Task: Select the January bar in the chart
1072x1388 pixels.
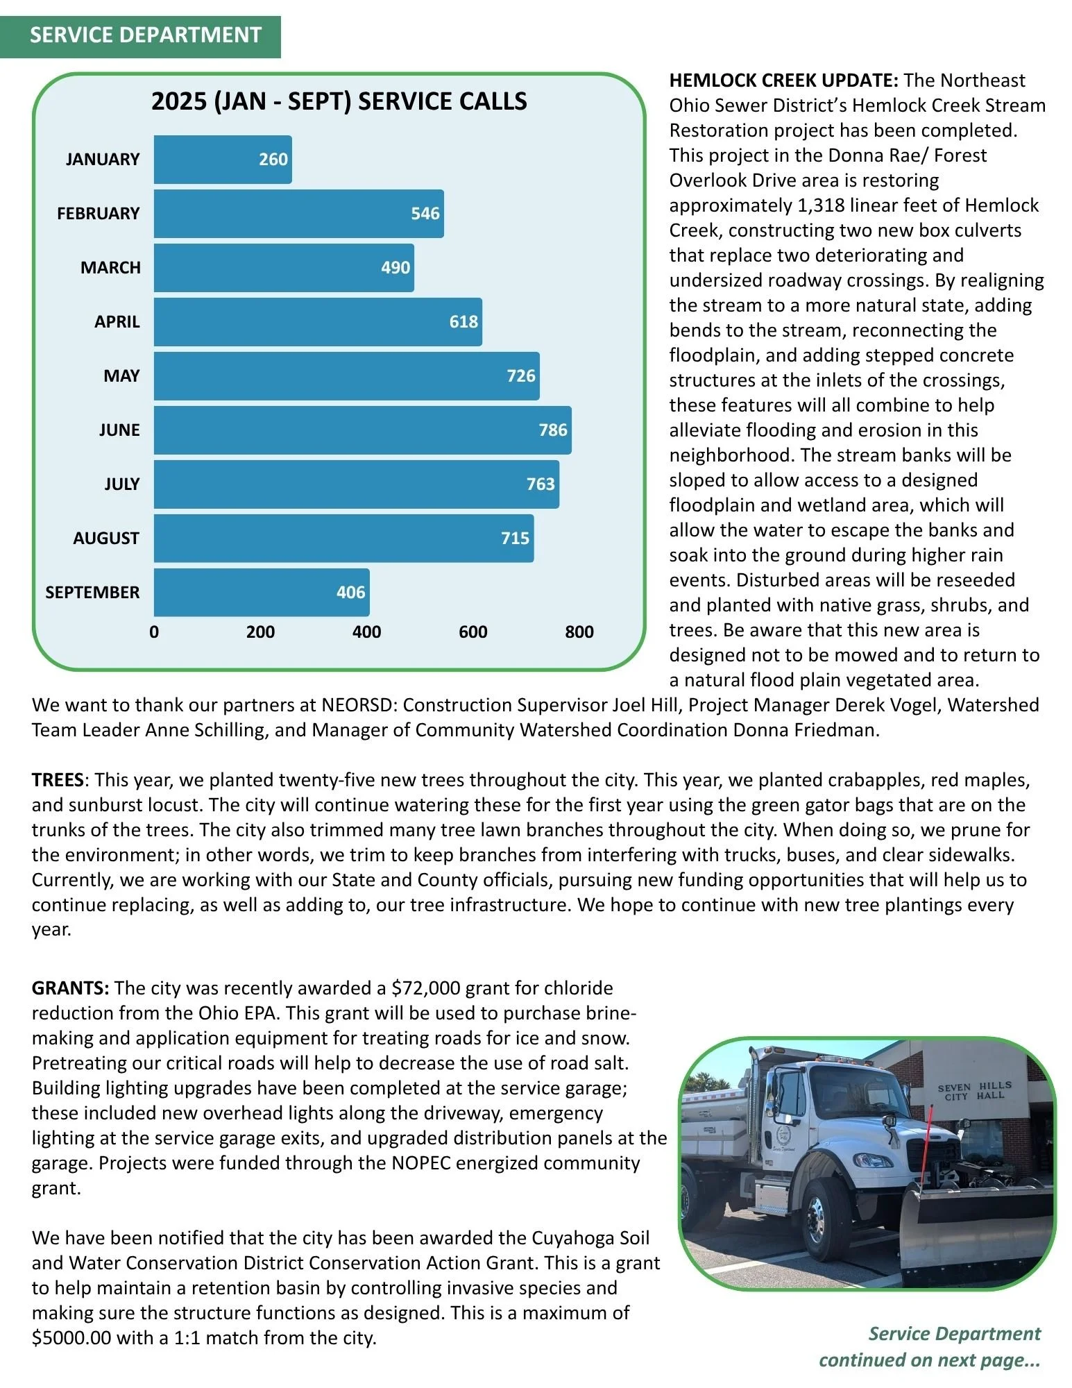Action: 222,160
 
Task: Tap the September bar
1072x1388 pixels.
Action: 262,593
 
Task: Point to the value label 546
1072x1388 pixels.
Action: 425,214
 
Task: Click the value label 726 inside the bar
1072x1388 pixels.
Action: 520,376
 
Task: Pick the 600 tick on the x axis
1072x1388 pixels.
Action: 473,632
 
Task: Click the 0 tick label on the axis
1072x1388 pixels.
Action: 154,632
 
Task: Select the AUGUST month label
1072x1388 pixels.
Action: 106,539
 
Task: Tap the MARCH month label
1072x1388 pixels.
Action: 110,268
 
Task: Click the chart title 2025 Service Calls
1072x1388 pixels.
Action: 339,102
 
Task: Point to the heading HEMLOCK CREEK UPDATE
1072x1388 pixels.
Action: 783,81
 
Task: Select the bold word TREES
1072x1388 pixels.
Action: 58,780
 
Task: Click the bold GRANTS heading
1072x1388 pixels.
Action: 70,988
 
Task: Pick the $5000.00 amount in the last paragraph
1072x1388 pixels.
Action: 71,1338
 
